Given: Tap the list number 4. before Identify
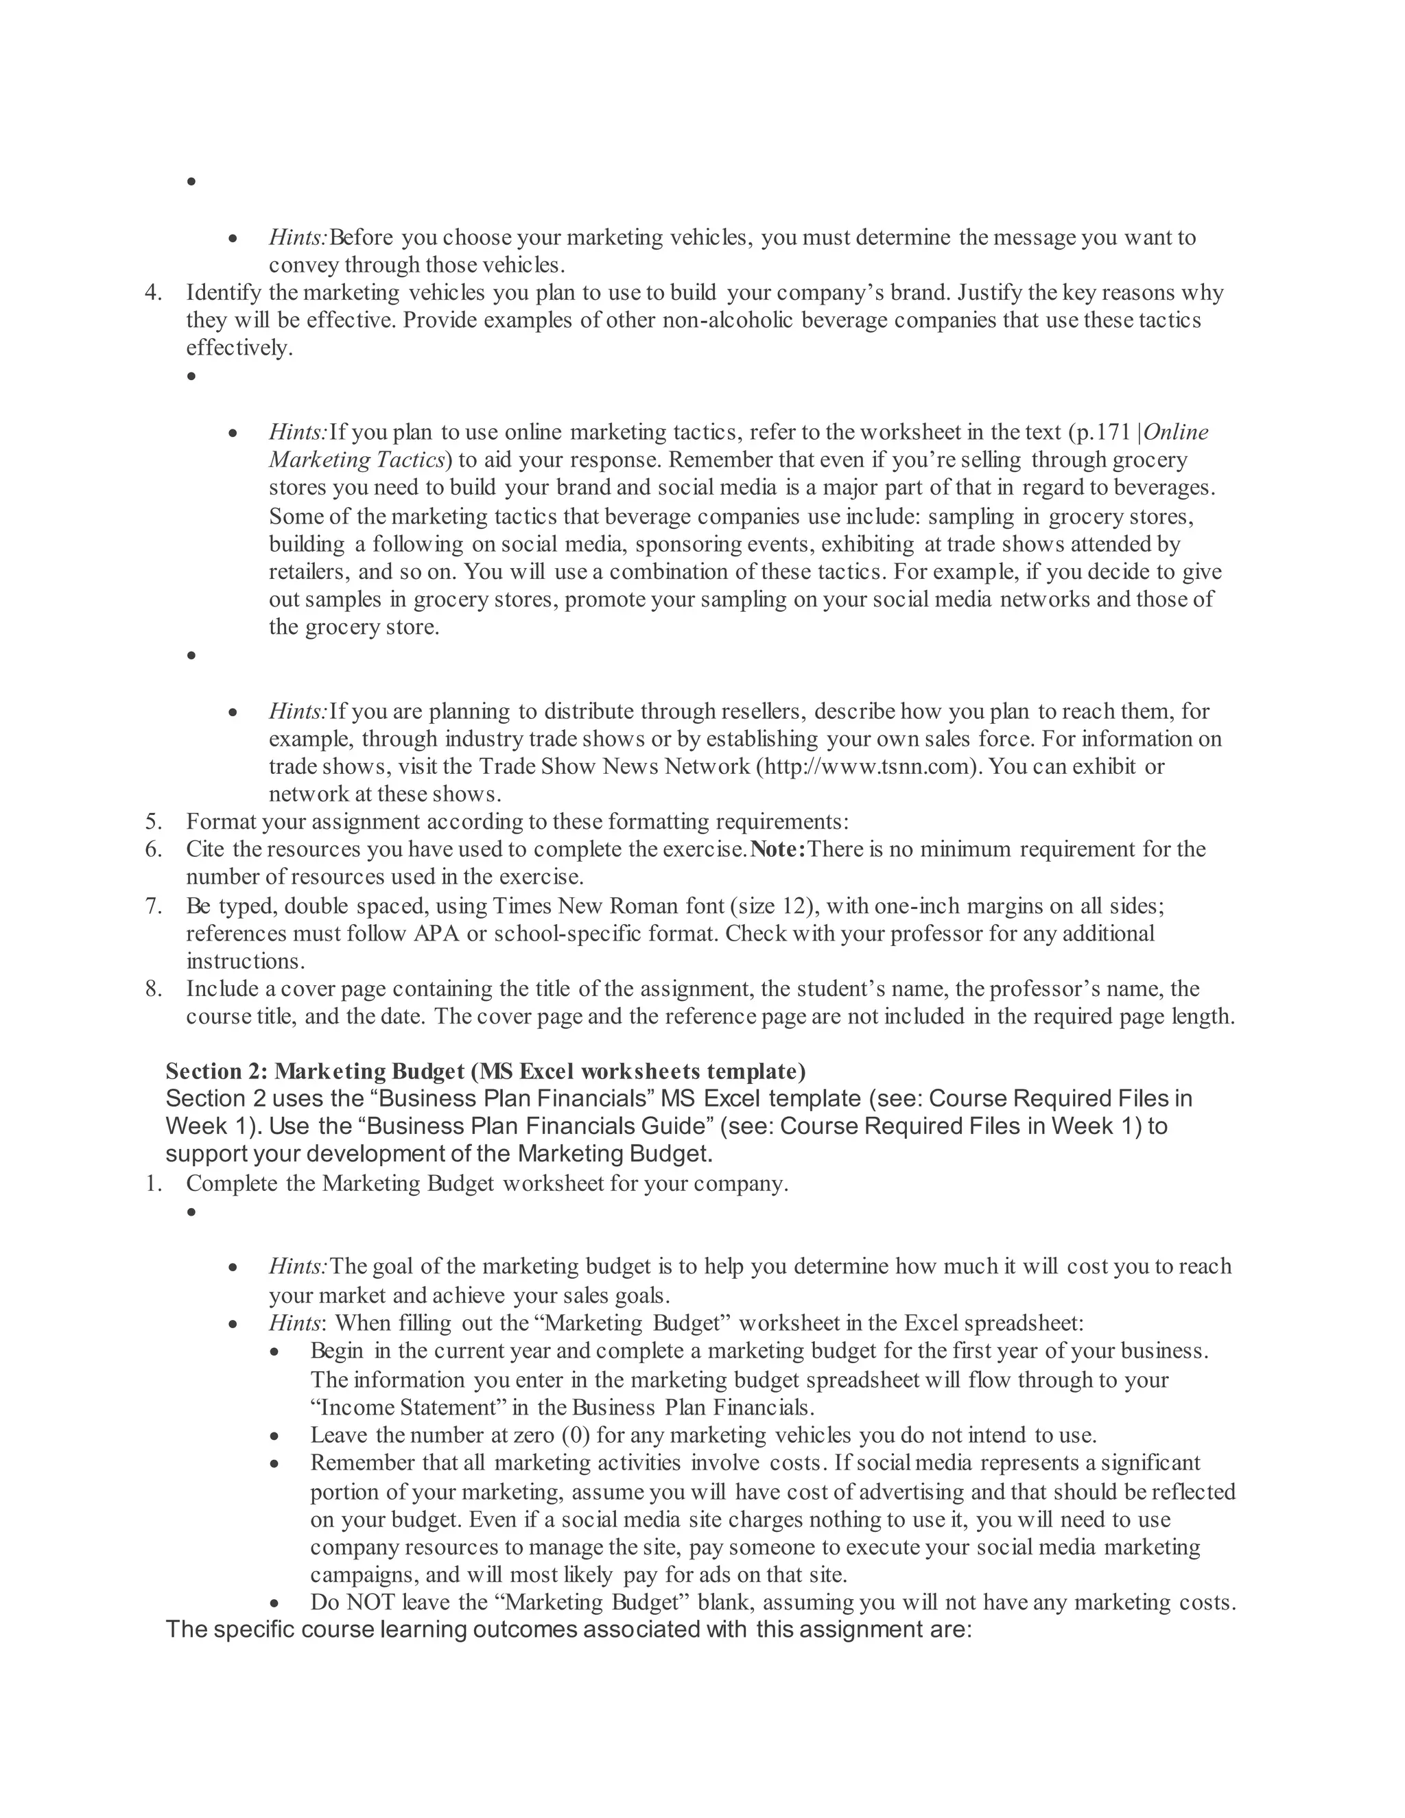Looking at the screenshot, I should [x=152, y=293].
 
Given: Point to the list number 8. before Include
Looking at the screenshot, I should [x=152, y=989].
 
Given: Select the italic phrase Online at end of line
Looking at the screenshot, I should [x=1176, y=432].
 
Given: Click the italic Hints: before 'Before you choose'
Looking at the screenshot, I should [x=298, y=238].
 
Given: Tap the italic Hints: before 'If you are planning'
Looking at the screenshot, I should [x=298, y=711].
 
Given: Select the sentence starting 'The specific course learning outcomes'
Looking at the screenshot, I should [x=569, y=1629].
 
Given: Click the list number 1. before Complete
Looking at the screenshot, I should [x=152, y=1183].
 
